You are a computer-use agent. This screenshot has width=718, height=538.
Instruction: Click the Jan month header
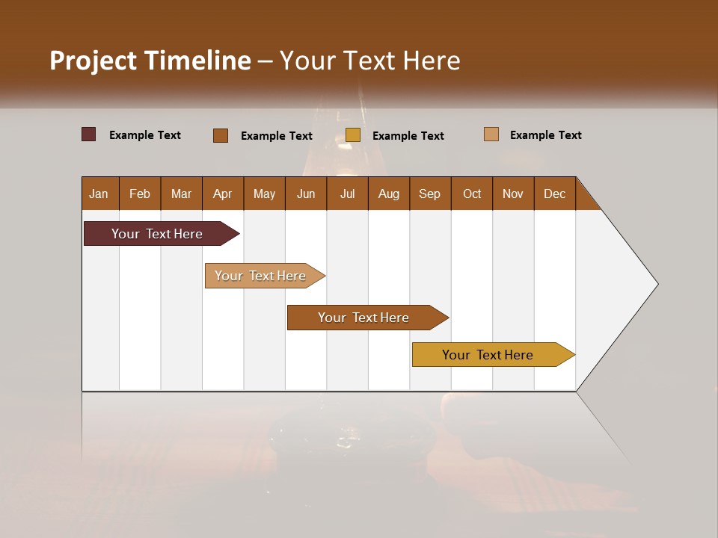pos(99,194)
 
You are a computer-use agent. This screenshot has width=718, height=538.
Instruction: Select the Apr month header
pos(223,194)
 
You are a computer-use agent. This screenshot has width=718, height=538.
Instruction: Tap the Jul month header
pos(348,194)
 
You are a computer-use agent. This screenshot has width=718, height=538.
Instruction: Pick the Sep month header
pos(429,194)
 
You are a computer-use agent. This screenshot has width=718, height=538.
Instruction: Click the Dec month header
pos(554,194)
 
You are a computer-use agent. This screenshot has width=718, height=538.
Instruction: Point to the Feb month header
pos(140,194)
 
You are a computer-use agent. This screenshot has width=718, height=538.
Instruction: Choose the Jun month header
pos(306,194)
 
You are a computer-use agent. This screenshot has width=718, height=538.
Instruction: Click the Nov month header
pos(513,194)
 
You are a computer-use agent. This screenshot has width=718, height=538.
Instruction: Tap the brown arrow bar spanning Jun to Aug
pos(364,318)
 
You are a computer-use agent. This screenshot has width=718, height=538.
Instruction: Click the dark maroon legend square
pos(89,134)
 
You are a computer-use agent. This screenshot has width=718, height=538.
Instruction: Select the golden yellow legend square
pos(353,135)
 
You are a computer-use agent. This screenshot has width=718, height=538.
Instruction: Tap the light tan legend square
pos(491,134)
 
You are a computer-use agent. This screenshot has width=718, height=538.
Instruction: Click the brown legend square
pos(221,135)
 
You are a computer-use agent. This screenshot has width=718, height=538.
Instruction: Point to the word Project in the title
pos(92,60)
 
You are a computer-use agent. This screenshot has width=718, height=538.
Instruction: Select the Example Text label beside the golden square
pos(408,136)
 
